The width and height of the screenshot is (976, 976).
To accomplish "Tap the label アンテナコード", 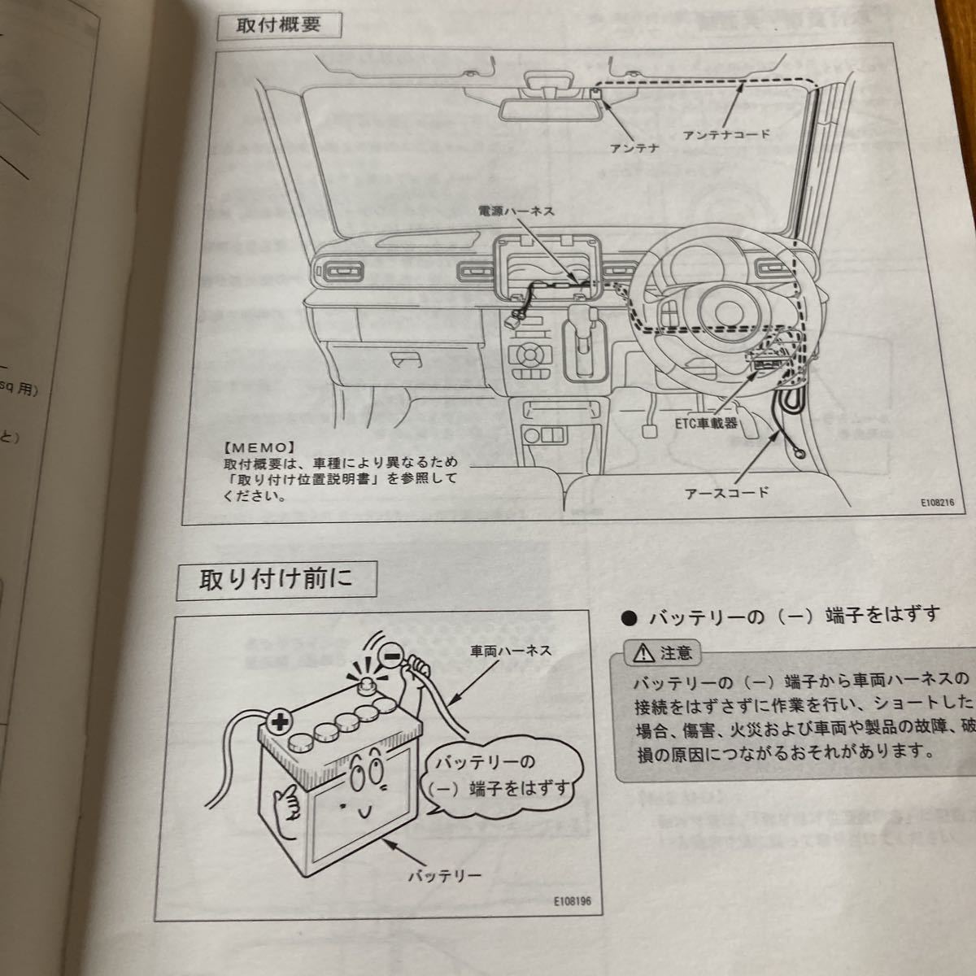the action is (x=726, y=134).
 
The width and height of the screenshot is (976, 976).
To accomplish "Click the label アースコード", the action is (x=727, y=492).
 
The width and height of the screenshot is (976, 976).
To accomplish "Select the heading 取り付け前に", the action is (x=277, y=582).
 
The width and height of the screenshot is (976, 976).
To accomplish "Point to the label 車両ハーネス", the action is (x=511, y=651).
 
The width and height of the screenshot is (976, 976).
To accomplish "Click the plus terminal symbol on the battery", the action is (x=278, y=720).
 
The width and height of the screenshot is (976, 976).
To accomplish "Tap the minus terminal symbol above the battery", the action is (x=391, y=652).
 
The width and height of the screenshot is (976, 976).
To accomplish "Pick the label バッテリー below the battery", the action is (x=445, y=876).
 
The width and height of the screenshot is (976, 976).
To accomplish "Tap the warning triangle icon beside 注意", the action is (x=647, y=651).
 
